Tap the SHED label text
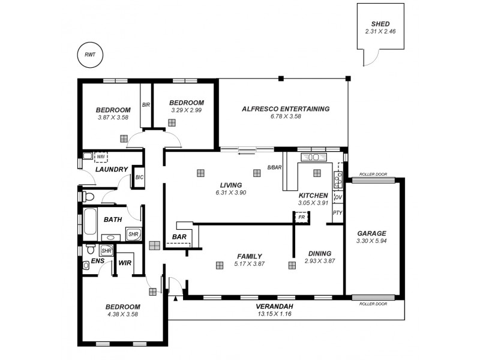pyautogui.click(x=380, y=24)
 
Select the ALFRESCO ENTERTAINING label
pyautogui.click(x=285, y=109)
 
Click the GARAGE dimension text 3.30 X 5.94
pyautogui.click(x=371, y=242)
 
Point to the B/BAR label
pyautogui.click(x=274, y=167)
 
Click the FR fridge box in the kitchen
pyautogui.click(x=301, y=217)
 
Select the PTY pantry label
pyautogui.click(x=337, y=212)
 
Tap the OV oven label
pyautogui.click(x=338, y=197)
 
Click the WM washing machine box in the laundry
pyautogui.click(x=100, y=157)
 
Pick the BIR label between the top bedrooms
pyautogui.click(x=146, y=104)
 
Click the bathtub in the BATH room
pyautogui.click(x=90, y=223)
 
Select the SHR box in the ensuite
pyautogui.click(x=106, y=251)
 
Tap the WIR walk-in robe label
pyautogui.click(x=125, y=263)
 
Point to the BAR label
pyautogui.click(x=178, y=237)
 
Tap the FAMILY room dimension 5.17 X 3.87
pyautogui.click(x=248, y=263)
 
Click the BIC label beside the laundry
pyautogui.click(x=139, y=177)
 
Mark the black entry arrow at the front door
pyautogui.click(x=175, y=298)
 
